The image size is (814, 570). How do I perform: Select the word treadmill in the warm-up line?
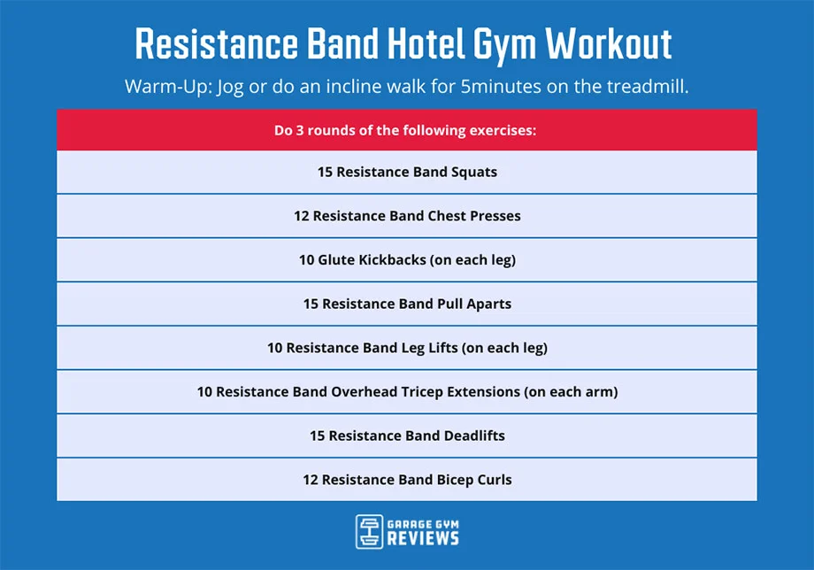point(641,88)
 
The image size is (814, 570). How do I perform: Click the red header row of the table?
point(407,130)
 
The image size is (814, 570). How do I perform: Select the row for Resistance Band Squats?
point(407,172)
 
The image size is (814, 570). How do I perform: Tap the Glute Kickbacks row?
point(407,260)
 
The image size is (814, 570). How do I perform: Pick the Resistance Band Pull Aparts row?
point(407,304)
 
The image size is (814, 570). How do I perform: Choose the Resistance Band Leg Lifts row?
point(407,348)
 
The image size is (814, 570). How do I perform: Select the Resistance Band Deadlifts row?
point(407,435)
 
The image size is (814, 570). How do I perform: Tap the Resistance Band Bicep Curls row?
point(407,480)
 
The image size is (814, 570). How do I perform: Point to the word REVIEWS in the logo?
point(422,538)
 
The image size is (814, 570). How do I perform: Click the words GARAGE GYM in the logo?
point(422,523)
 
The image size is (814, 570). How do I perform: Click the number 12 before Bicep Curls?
point(310,480)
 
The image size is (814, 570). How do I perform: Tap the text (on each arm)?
point(571,391)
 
